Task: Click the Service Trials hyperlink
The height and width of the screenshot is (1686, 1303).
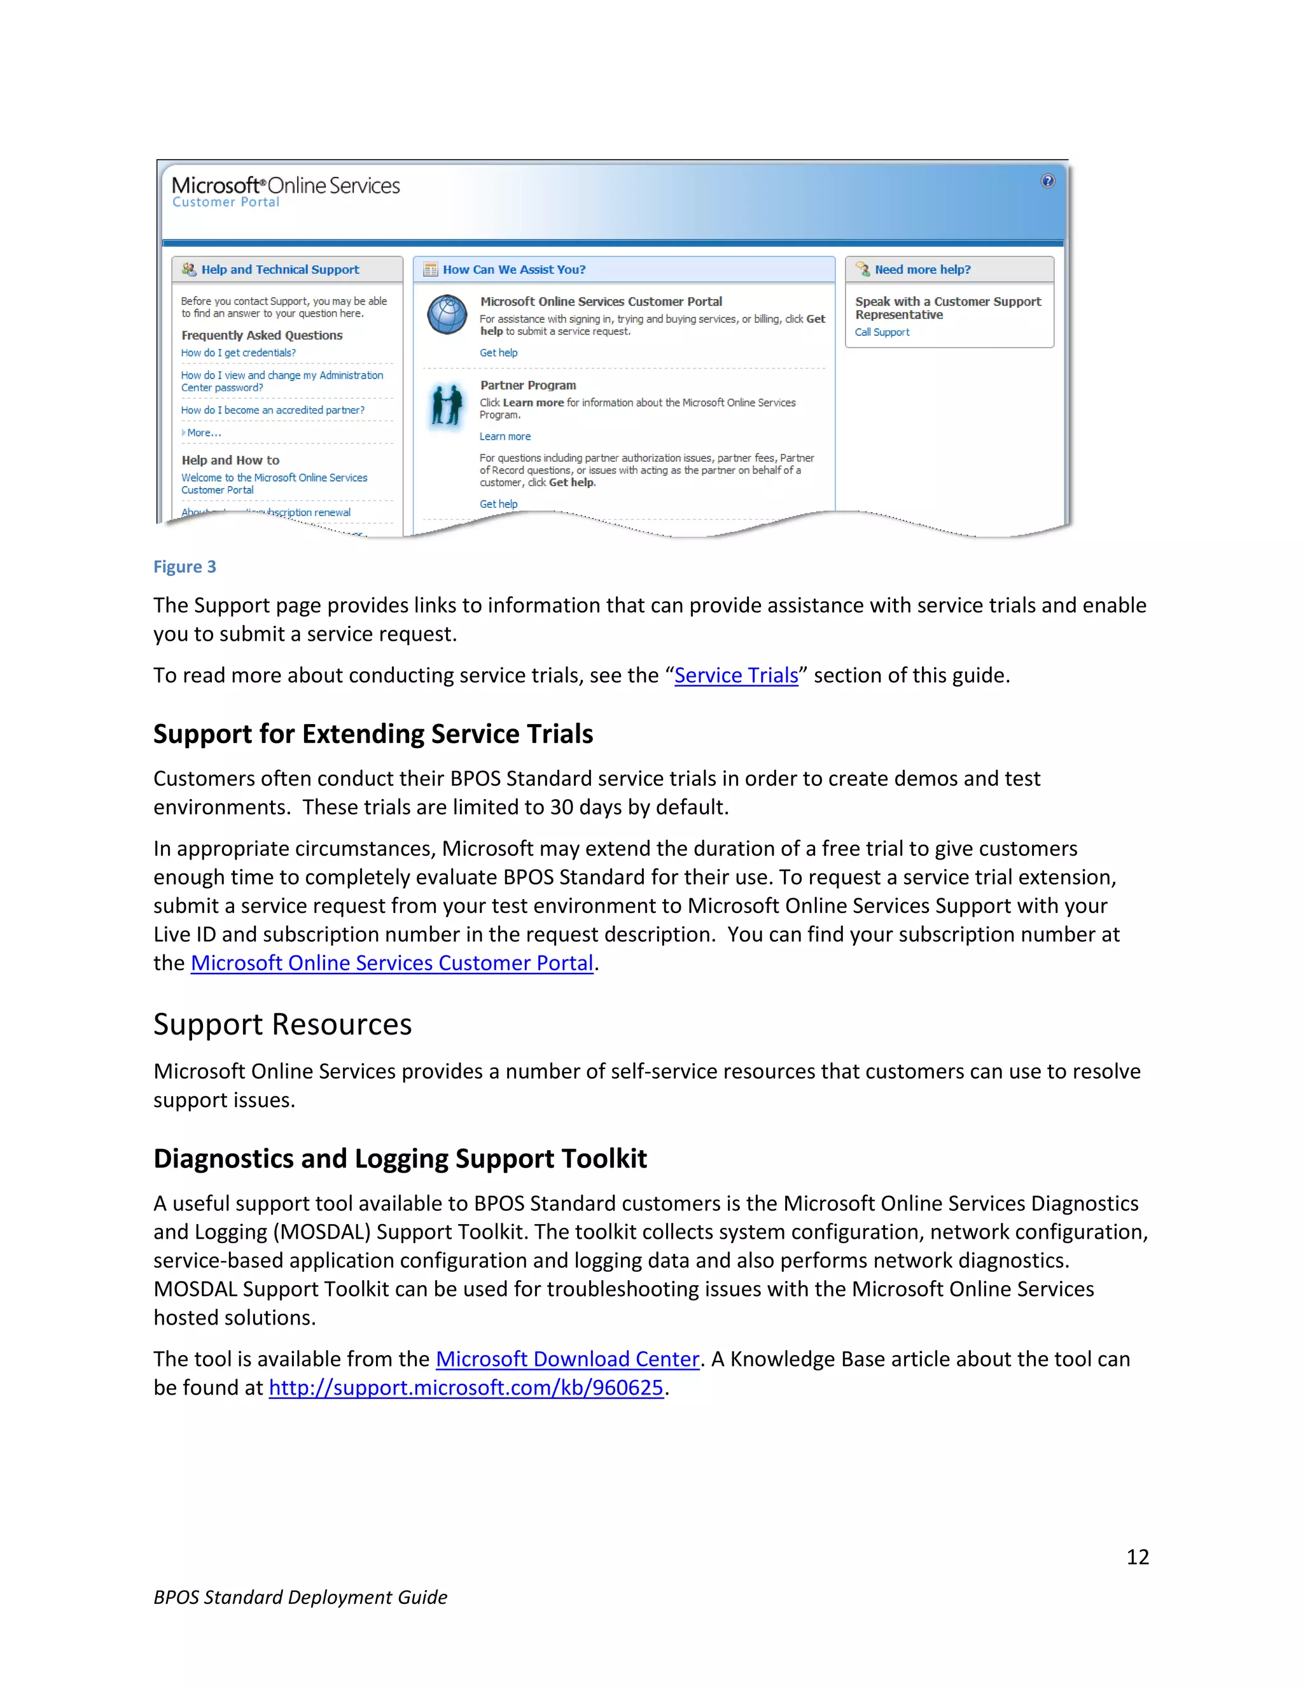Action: pos(735,676)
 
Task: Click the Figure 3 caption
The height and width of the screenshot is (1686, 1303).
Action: pos(185,567)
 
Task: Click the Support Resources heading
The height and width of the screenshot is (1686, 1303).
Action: pos(282,1024)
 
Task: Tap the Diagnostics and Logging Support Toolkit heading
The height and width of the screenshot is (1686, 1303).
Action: pos(400,1159)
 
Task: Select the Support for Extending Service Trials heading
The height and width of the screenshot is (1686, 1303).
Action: pos(373,734)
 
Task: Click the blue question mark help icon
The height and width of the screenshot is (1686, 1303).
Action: pos(1047,181)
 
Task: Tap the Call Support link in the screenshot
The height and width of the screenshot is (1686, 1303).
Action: pos(882,333)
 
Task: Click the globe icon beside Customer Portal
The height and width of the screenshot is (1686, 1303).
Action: pos(447,315)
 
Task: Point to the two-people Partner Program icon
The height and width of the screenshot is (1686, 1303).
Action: pos(446,405)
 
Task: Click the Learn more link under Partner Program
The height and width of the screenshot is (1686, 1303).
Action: pos(505,437)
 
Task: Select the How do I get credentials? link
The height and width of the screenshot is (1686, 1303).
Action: pos(238,353)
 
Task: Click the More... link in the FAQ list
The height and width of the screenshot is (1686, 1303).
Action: pos(204,433)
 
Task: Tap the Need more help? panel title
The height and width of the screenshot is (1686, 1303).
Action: pos(922,269)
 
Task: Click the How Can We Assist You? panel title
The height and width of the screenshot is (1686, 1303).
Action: pos(513,269)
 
